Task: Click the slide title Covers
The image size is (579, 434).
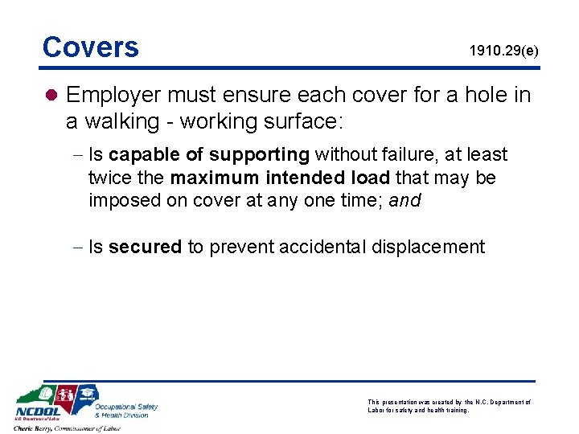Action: (x=90, y=47)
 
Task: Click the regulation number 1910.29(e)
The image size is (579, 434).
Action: (x=504, y=51)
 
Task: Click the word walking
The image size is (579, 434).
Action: (x=129, y=121)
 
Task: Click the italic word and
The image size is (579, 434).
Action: (x=404, y=200)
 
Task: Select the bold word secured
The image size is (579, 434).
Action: (x=145, y=247)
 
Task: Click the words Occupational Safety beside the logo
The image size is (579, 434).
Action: (x=126, y=406)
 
